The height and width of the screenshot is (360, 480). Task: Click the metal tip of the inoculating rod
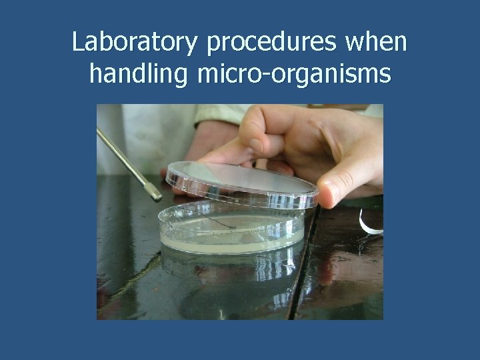155,194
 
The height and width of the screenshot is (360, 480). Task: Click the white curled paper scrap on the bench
369,223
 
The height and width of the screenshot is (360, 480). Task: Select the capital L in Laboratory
78,43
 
